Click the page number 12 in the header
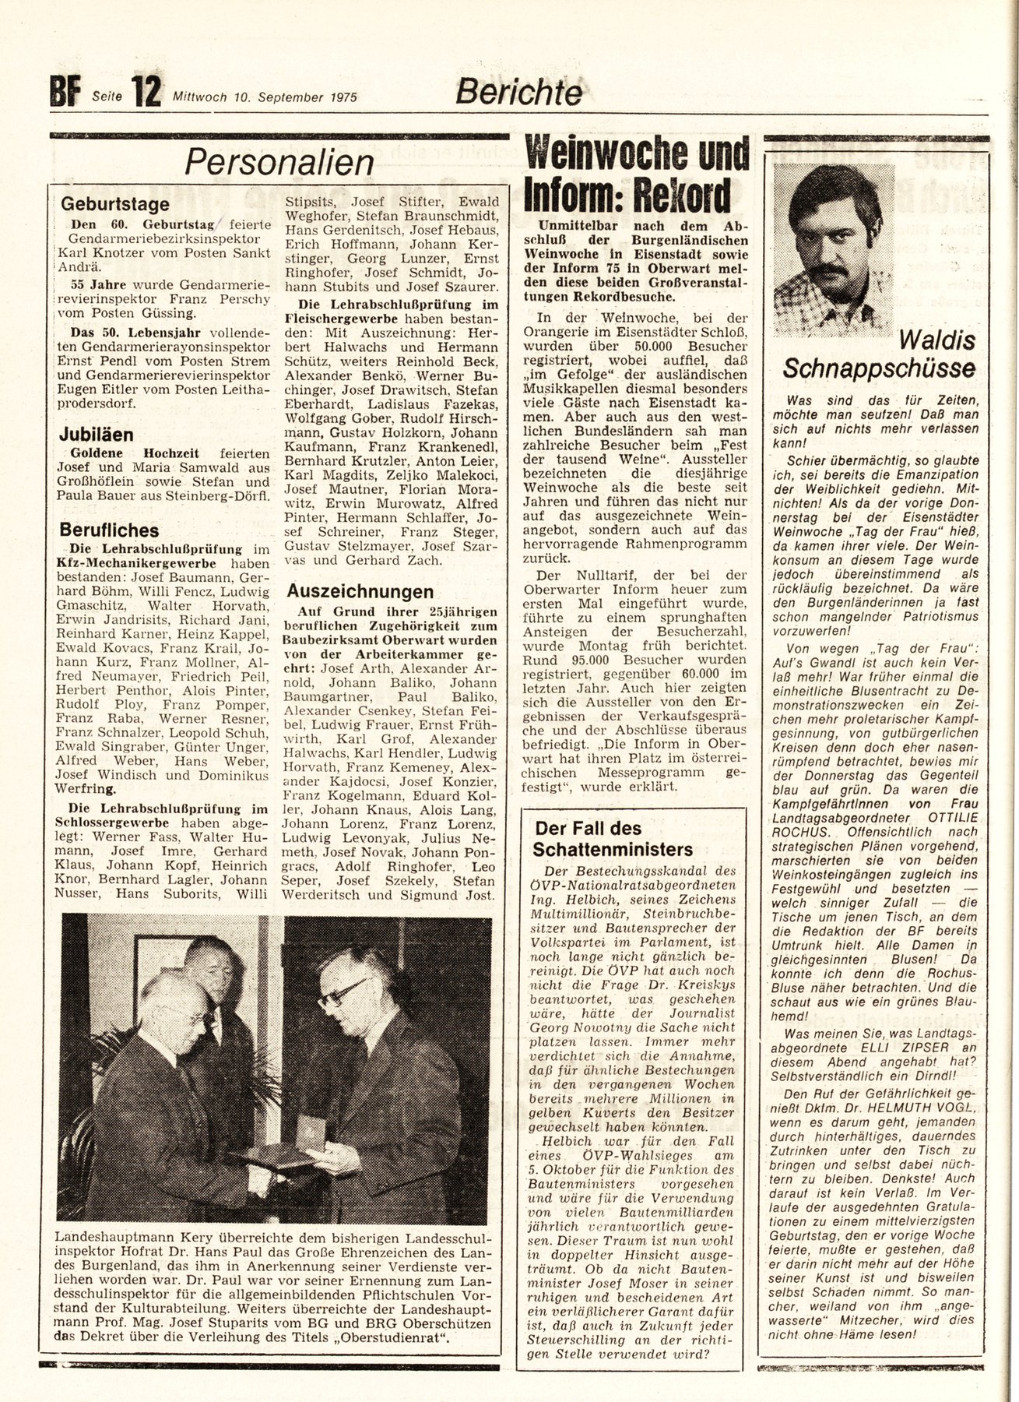(x=146, y=93)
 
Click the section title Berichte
(x=518, y=93)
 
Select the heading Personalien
(x=279, y=163)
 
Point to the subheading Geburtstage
(x=115, y=204)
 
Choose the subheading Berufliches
(x=110, y=530)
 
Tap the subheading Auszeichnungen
(x=359, y=591)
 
